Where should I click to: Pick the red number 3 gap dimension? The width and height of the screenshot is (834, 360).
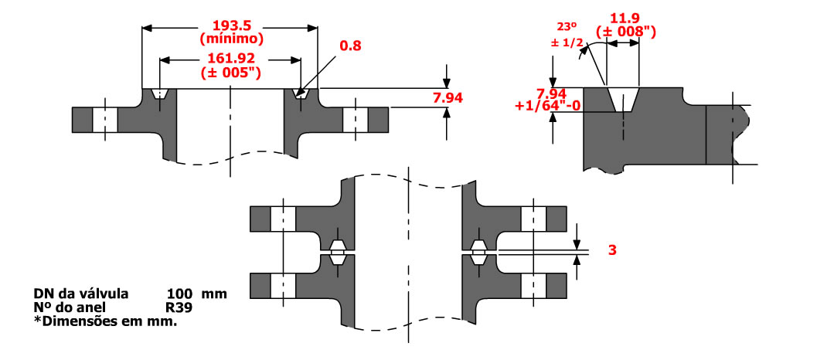click(x=611, y=250)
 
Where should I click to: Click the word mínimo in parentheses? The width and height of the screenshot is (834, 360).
click(x=230, y=36)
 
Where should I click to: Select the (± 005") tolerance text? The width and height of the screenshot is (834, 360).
click(x=230, y=73)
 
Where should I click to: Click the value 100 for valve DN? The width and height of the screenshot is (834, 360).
click(x=180, y=294)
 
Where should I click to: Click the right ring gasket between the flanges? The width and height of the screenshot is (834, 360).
click(x=478, y=251)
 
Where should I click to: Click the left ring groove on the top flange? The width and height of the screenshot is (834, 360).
click(x=160, y=93)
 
